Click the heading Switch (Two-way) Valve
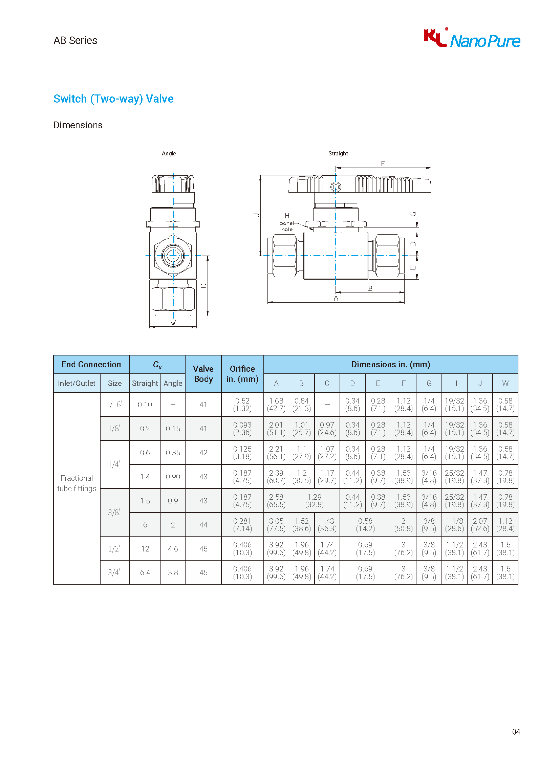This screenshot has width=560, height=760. [113, 99]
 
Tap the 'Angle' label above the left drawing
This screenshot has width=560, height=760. [169, 153]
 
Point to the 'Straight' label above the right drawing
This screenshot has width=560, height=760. [338, 153]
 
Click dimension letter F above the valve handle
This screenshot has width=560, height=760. [383, 164]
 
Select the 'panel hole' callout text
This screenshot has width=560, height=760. [287, 226]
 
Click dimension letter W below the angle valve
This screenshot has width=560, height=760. [173, 322]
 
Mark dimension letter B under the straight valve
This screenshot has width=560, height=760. [370, 288]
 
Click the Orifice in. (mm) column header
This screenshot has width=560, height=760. [242, 373]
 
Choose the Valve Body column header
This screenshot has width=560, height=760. [203, 373]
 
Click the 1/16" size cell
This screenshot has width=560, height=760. [114, 405]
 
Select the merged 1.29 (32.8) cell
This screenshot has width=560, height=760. [314, 500]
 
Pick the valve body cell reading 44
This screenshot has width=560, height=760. [203, 524]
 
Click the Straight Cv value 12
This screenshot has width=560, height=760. [145, 548]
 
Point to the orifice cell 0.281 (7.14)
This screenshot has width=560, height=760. [242, 524]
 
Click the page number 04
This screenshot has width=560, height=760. [516, 732]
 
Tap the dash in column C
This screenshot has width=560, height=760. [327, 405]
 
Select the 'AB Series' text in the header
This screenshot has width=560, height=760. [75, 40]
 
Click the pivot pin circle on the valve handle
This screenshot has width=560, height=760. [336, 187]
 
